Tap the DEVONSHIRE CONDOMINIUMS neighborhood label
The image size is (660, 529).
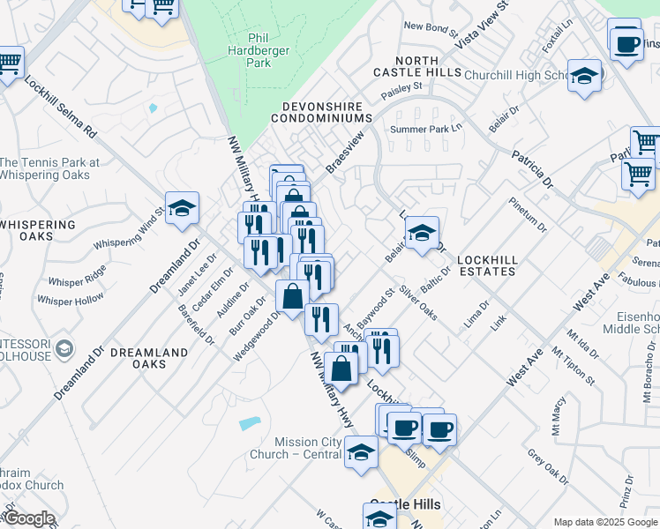point(322,111)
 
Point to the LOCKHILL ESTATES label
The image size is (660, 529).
point(486,265)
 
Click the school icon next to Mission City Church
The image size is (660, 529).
point(361,452)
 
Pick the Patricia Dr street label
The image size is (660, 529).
point(532,169)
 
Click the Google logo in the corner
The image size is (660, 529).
point(28,518)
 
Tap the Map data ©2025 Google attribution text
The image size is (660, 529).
point(605,522)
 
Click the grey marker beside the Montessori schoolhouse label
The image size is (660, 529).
point(64,349)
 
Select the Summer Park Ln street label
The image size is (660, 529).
point(426,130)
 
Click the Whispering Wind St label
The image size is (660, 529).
point(130,229)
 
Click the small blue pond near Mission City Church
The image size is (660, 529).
point(251,424)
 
